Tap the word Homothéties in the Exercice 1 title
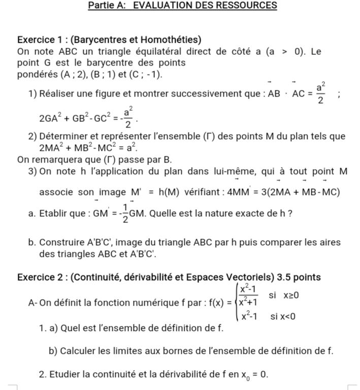(168, 40)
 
